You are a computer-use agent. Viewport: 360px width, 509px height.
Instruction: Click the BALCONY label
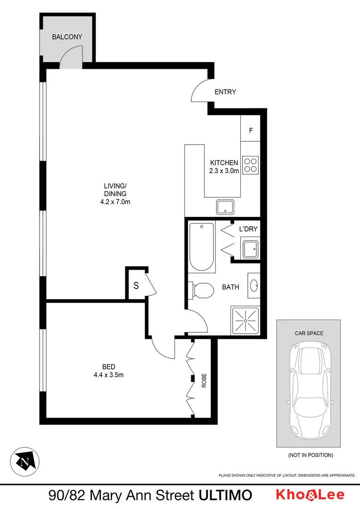click(x=67, y=36)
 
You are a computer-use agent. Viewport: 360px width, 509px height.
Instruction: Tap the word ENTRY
click(x=225, y=92)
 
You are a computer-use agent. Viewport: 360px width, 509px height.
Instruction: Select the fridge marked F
click(x=251, y=130)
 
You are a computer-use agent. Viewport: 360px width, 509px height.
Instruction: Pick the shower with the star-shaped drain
click(x=245, y=320)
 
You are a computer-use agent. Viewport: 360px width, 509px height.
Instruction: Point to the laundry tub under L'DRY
click(x=250, y=248)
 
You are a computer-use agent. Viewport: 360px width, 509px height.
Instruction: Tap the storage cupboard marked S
click(x=136, y=285)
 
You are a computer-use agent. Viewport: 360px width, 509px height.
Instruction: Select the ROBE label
click(x=205, y=380)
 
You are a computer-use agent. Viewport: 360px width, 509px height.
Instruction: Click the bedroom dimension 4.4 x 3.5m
click(x=109, y=375)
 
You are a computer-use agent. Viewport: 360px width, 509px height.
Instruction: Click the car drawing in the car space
click(x=309, y=389)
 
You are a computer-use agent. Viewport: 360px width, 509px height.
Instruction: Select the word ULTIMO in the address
click(x=225, y=495)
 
